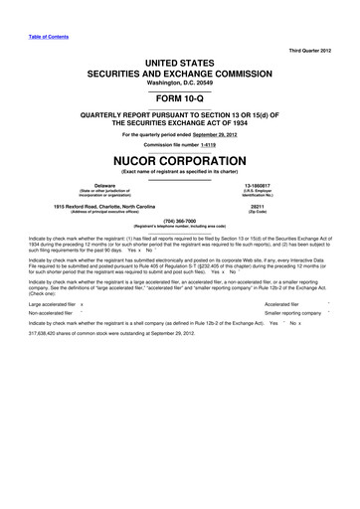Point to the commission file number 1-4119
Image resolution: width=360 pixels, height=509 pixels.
pyautogui.click(x=206, y=145)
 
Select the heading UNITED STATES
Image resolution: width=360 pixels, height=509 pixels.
pyautogui.click(x=180, y=62)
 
